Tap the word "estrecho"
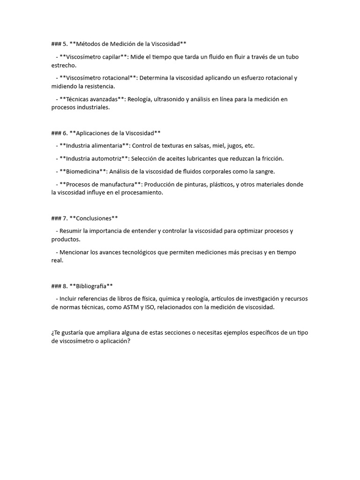[x=64, y=65]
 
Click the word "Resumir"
[x=71, y=231]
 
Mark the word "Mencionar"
[x=75, y=252]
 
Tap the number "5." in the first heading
[x=65, y=44]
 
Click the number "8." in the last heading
[x=65, y=286]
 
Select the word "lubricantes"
[x=215, y=158]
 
